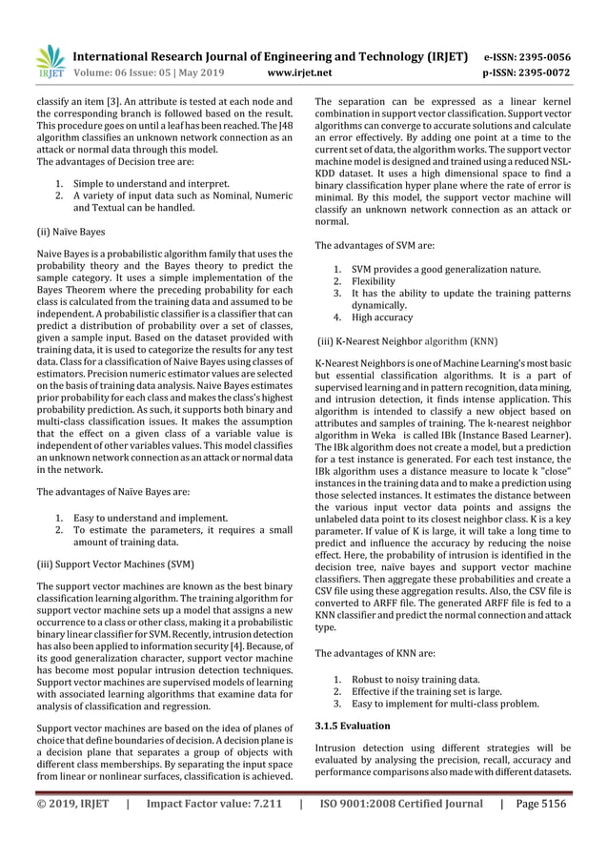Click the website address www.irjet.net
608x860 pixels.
tap(301, 71)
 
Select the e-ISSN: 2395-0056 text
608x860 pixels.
tap(528, 55)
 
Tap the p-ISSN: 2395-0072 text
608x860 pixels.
tap(528, 71)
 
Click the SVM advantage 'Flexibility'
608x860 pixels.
tap(373, 281)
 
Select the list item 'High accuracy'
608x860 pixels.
tap(382, 317)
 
